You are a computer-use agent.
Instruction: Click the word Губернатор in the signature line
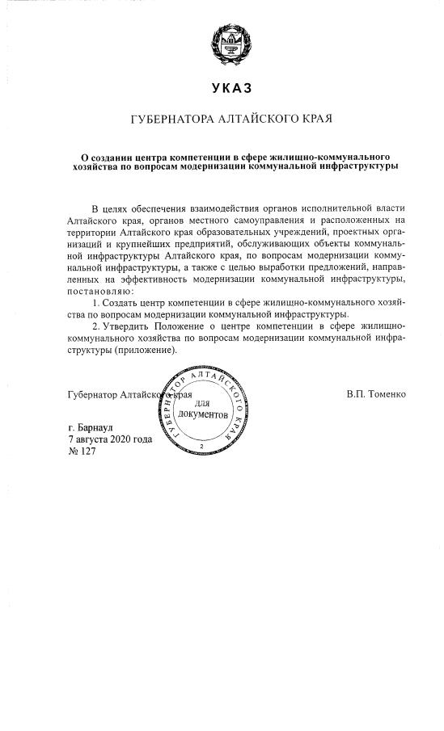click(93, 395)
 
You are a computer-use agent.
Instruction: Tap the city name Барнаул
click(93, 427)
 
